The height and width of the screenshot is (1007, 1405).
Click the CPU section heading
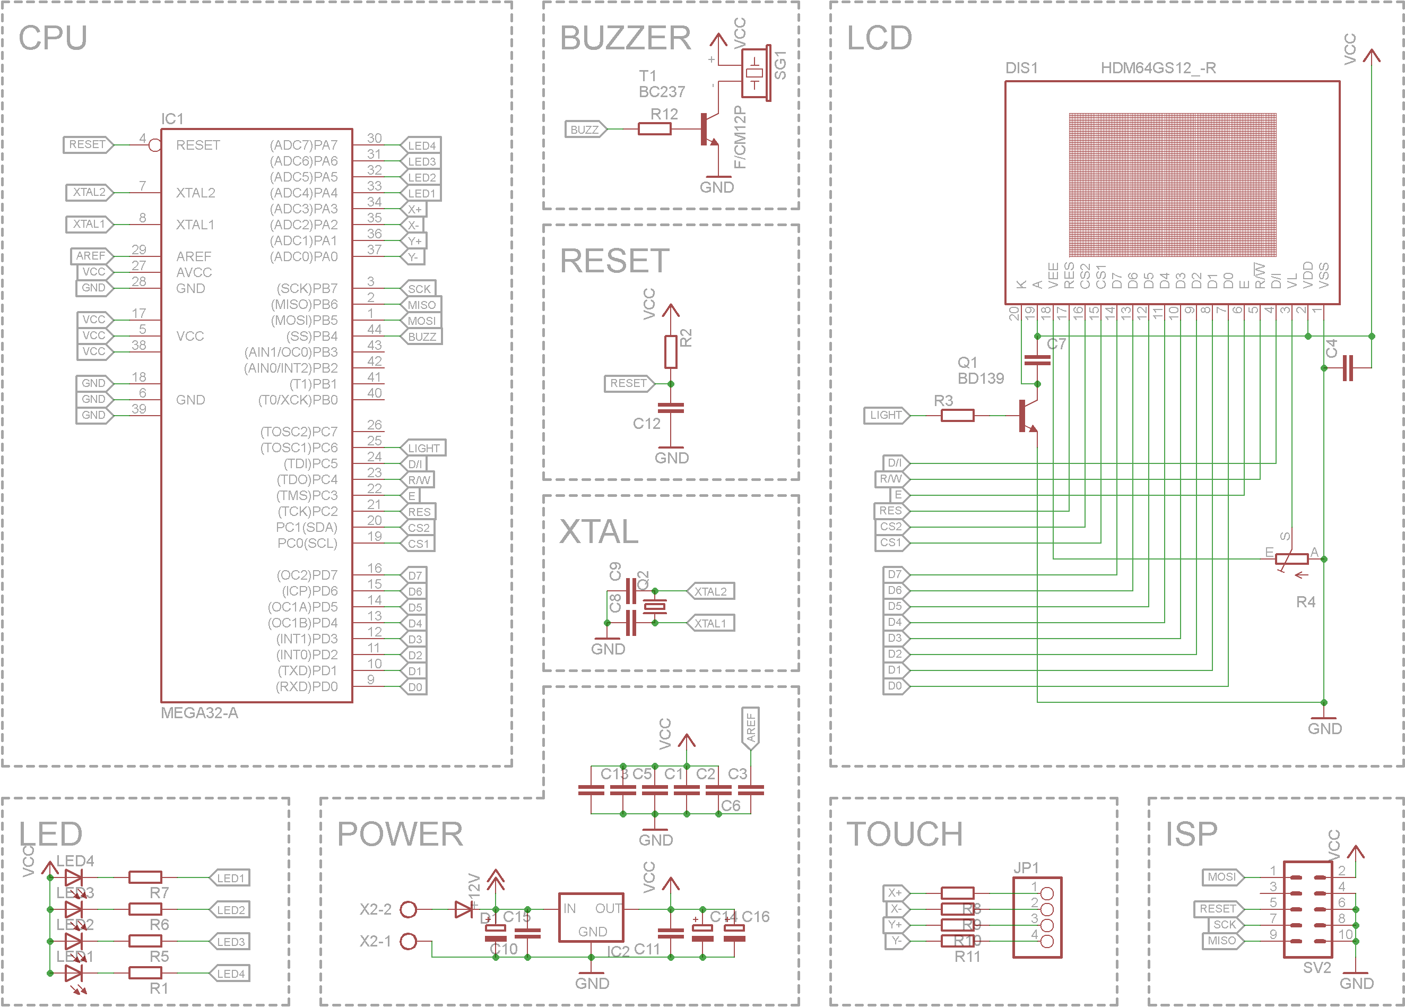[x=53, y=38]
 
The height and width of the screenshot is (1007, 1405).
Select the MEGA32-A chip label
[x=199, y=712]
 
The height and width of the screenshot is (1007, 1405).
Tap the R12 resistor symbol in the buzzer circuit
[x=654, y=129]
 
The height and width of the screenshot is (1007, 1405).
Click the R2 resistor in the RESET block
[x=670, y=352]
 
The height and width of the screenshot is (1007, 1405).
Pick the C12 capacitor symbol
[x=670, y=408]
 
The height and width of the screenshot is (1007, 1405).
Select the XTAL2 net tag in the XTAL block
[x=710, y=591]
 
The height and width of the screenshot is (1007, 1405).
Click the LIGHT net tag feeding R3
[x=886, y=415]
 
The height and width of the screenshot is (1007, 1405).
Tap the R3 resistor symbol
[x=957, y=415]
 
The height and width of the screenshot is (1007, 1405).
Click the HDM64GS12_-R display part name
[x=1158, y=67]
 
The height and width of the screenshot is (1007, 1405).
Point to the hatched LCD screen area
[x=1172, y=185]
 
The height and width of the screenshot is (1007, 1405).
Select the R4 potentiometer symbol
[x=1291, y=559]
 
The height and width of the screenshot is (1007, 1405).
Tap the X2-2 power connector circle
[x=408, y=909]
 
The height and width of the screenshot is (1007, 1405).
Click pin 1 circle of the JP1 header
[x=1047, y=893]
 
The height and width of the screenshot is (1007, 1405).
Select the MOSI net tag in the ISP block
[x=1221, y=877]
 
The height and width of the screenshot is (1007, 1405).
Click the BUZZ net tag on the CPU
[x=422, y=337]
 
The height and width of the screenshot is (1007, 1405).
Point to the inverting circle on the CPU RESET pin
[x=155, y=145]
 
